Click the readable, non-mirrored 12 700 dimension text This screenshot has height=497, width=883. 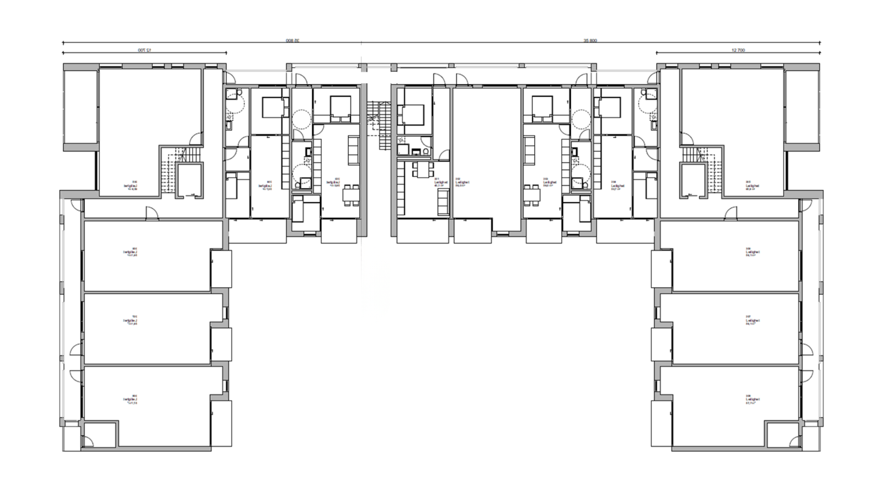(x=738, y=50)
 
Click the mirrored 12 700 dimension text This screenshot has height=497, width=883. (x=145, y=50)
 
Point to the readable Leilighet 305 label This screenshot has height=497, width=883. (x=752, y=186)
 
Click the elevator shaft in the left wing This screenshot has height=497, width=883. (x=189, y=179)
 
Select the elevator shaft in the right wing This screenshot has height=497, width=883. (x=694, y=179)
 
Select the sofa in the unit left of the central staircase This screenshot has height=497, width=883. (x=353, y=146)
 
